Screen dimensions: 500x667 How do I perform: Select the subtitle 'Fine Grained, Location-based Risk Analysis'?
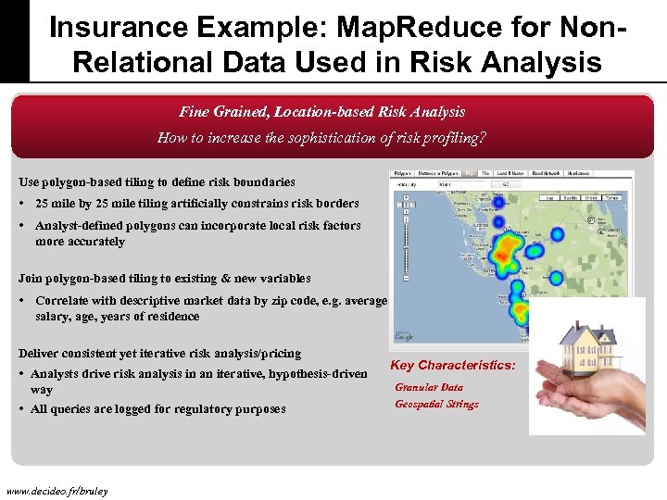321,112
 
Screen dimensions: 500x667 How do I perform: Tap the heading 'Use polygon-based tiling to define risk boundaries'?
157,182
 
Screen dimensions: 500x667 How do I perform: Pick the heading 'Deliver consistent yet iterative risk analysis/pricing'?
159,354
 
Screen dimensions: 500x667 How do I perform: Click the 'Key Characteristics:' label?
453,366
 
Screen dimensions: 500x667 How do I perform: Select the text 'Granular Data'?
428,388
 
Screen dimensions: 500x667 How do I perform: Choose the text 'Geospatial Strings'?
436,405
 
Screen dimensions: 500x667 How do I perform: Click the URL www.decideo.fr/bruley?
57,490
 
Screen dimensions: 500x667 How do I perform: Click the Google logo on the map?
406,338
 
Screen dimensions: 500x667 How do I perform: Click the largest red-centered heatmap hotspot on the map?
507,249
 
